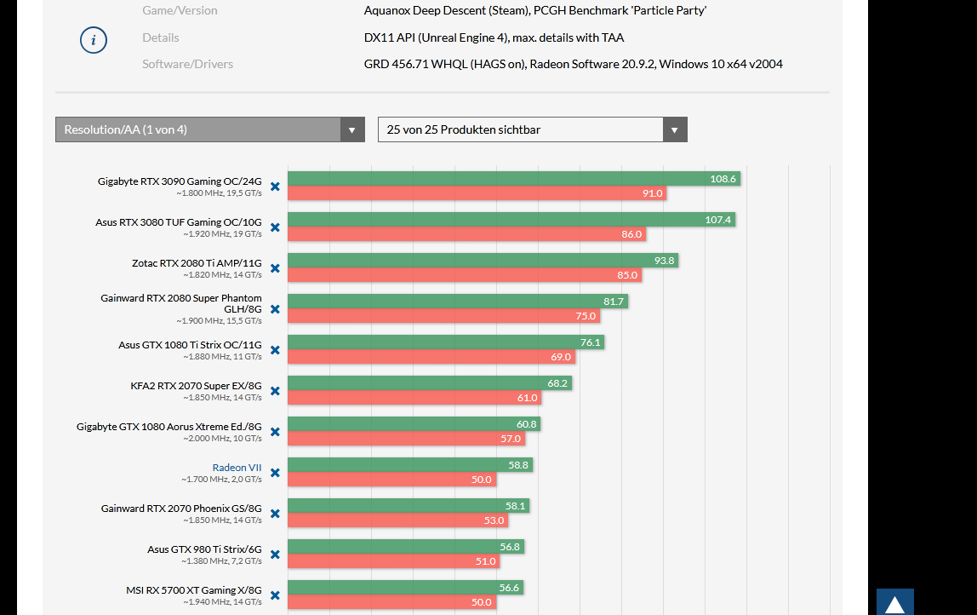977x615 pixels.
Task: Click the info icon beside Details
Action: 94,40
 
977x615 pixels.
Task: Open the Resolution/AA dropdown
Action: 209,129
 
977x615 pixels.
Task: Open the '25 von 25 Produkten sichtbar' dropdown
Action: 532,129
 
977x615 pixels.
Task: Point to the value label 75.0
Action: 586,316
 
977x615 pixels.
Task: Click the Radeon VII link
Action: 237,468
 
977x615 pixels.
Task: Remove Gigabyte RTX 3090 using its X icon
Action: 275,187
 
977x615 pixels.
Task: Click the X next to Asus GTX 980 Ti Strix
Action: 275,555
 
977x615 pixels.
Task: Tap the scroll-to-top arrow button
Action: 895,602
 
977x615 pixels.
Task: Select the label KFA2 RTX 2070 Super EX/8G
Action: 196,385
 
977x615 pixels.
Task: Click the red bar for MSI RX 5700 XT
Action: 391,602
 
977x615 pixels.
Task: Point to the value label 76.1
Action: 591,342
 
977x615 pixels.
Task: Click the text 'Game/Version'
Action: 180,11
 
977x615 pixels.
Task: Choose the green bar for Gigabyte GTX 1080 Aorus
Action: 414,424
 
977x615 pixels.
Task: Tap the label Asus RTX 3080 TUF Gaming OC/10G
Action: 179,221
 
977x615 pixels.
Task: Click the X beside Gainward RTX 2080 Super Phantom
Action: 275,309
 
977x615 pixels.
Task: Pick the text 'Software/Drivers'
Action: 187,64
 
